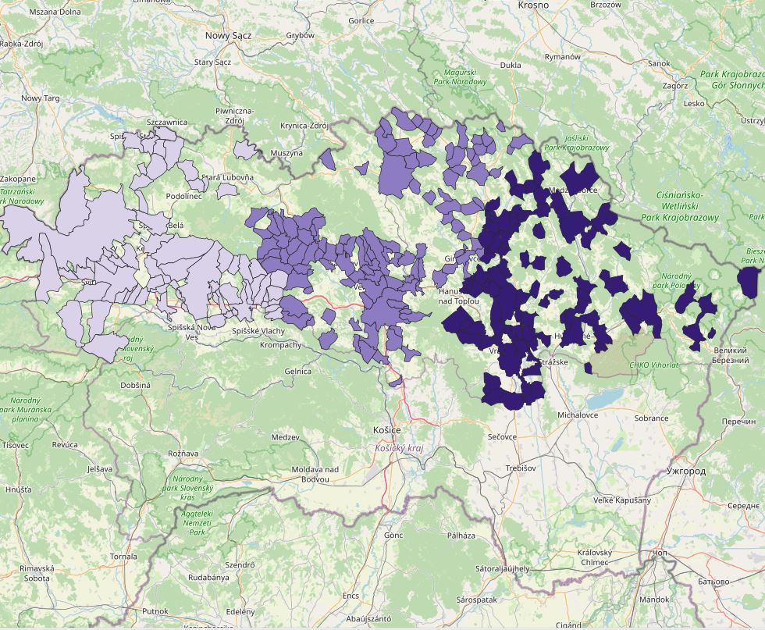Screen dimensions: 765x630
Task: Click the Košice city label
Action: [x=387, y=430]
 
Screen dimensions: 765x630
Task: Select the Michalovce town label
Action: [x=578, y=415]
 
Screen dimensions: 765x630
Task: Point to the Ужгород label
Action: [x=686, y=471]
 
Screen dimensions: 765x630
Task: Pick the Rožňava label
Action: [x=183, y=453]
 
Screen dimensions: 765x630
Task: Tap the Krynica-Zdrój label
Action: [x=303, y=125]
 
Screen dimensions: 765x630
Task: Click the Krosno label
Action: [x=533, y=5]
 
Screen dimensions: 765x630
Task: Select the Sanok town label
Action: [x=659, y=63]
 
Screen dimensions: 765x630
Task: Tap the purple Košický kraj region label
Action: [x=399, y=449]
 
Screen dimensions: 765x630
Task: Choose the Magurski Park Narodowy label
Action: [x=460, y=77]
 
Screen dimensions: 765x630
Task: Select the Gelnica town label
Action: [x=297, y=371]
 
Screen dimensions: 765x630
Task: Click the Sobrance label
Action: [x=651, y=418]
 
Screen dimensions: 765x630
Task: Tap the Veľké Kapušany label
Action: [x=621, y=500]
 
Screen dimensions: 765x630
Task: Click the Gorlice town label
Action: [x=361, y=21]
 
